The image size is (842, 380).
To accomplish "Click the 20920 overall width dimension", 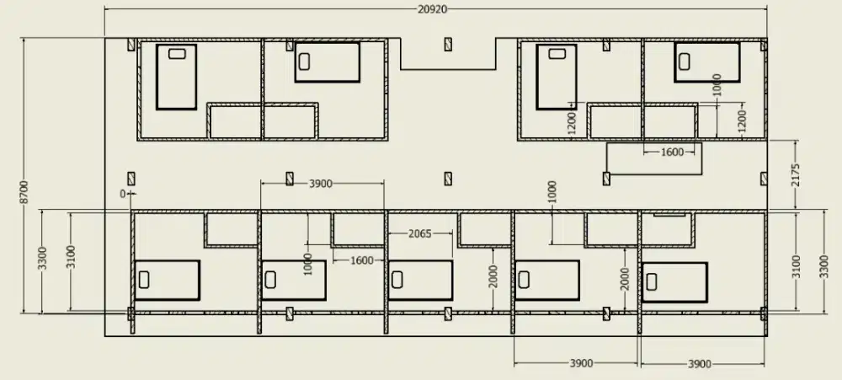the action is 432,9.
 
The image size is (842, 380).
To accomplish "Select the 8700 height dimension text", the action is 24,192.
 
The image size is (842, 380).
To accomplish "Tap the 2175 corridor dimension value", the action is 796,174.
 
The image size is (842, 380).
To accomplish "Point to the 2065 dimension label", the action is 420,233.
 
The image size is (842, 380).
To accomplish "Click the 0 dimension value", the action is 123,194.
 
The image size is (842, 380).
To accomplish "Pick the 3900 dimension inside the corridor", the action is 321,184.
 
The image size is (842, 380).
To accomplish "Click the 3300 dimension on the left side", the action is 42,258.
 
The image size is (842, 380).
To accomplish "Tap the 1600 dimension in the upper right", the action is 672,153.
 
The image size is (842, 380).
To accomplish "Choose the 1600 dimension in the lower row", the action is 361,260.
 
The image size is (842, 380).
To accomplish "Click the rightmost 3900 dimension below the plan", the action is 700,364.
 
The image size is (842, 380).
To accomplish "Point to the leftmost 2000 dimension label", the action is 493,276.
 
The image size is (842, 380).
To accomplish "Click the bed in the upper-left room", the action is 176,77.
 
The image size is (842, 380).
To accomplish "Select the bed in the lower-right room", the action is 674,282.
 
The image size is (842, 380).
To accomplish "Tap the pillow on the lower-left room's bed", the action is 144,280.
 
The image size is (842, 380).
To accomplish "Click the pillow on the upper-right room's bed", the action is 684,62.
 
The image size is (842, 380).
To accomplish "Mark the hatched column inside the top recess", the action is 448,44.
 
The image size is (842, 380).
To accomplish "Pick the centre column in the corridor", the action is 448,179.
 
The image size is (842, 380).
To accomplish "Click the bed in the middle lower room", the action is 420,280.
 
